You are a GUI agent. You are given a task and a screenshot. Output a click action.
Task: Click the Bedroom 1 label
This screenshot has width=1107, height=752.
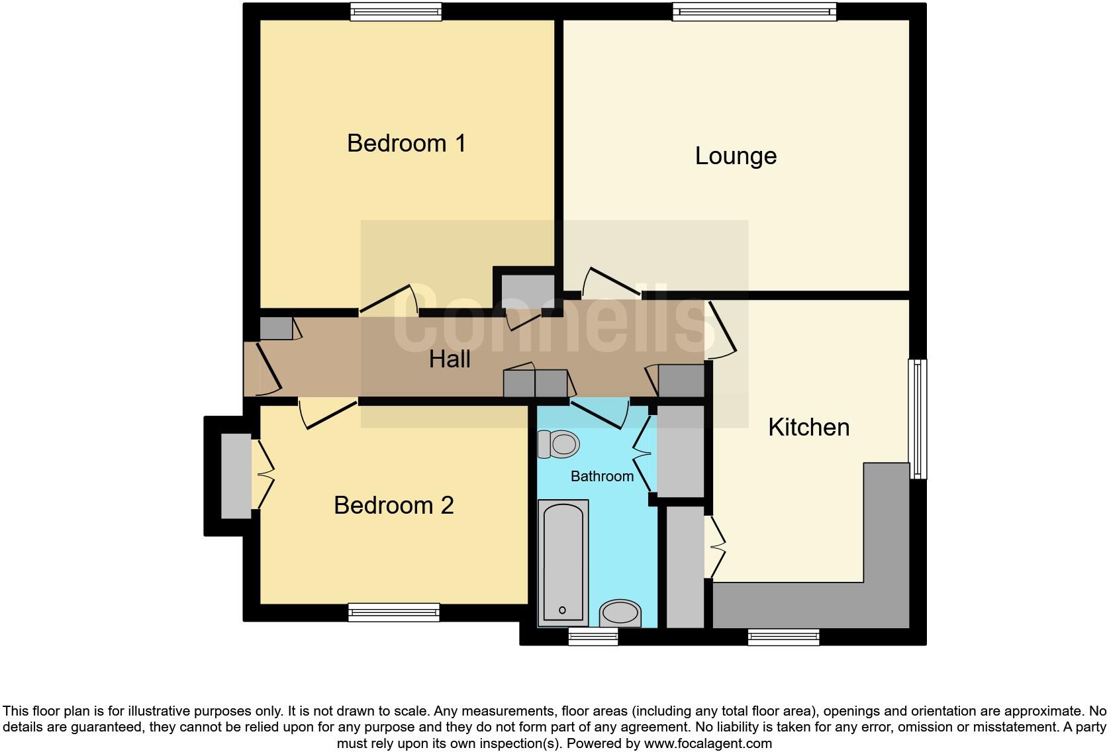pyautogui.click(x=406, y=144)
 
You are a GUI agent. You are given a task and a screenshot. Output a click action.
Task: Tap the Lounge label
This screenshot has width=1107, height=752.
pyautogui.click(x=736, y=156)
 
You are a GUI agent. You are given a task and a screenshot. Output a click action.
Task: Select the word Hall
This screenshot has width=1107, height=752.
pyautogui.click(x=450, y=359)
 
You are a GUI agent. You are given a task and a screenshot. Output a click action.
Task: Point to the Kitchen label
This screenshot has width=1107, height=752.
pyautogui.click(x=808, y=428)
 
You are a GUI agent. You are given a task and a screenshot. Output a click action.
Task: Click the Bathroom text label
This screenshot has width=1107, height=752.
pyautogui.click(x=602, y=477)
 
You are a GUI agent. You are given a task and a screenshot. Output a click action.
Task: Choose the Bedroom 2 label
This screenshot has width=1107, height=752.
pyautogui.click(x=393, y=506)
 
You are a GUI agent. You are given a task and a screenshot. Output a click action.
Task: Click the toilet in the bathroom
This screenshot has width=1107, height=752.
pyautogui.click(x=557, y=444)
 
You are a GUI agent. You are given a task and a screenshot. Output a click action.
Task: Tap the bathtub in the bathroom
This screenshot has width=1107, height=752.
pyautogui.click(x=563, y=563)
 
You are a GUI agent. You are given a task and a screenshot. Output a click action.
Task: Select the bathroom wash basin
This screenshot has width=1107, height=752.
pyautogui.click(x=620, y=613)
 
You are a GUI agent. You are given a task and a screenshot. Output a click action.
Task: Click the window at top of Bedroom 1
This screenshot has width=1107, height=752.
pyautogui.click(x=396, y=12)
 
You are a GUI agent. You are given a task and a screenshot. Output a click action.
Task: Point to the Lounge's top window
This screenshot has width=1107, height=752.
pyautogui.click(x=754, y=12)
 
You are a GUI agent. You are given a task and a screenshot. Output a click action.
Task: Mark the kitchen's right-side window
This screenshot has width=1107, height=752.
pyautogui.click(x=918, y=418)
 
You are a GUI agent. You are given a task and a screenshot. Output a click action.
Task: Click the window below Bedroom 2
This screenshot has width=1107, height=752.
pyautogui.click(x=394, y=612)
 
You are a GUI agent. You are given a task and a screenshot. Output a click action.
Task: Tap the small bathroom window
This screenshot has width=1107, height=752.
pyautogui.click(x=593, y=637)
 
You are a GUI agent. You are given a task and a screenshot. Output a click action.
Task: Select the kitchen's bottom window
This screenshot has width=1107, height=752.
pyautogui.click(x=783, y=637)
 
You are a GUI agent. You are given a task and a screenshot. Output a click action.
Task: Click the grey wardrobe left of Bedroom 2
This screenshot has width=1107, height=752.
pyautogui.click(x=236, y=475)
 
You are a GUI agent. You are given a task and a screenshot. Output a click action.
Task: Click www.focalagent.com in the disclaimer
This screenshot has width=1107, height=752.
pyautogui.click(x=708, y=743)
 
